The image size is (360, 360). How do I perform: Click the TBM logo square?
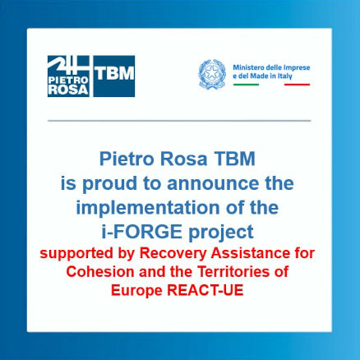click(x=114, y=76)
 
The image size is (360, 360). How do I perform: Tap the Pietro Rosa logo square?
click(x=68, y=76)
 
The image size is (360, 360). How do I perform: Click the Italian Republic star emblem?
click(x=212, y=74)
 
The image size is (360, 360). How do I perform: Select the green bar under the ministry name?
click(x=246, y=85)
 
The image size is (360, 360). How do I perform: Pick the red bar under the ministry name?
click(x=297, y=85)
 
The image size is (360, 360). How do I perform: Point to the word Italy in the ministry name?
click(x=285, y=76)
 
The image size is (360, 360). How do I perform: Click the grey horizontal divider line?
click(x=179, y=121)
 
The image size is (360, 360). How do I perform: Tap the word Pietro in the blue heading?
click(x=127, y=159)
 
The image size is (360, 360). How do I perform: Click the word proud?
click(x=110, y=184)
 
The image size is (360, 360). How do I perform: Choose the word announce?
click(x=213, y=183)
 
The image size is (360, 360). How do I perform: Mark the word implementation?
click(x=148, y=208)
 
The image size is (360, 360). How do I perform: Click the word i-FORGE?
click(x=142, y=232)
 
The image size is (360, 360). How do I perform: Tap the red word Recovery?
click(x=173, y=253)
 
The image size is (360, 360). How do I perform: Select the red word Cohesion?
click(x=100, y=272)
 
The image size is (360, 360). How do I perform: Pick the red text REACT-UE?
click(x=205, y=290)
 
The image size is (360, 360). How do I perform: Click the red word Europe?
click(x=136, y=291)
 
